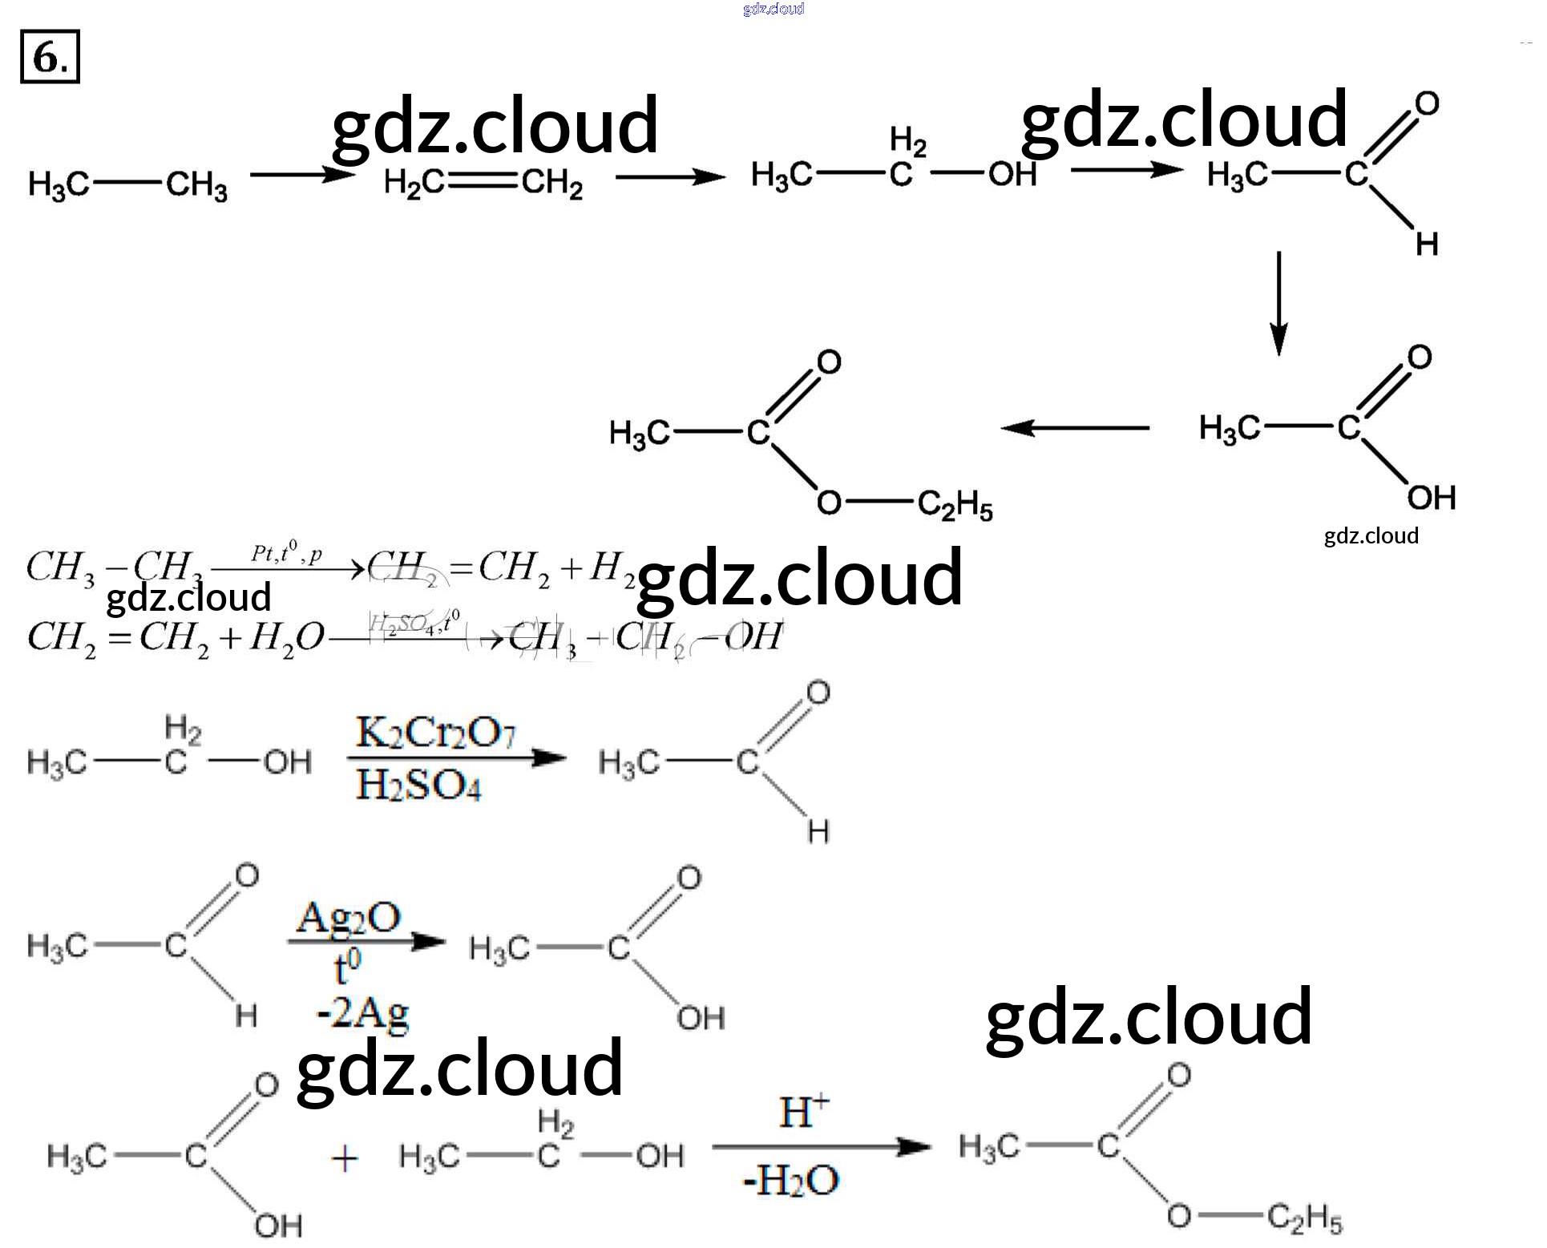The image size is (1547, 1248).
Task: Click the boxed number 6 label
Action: tap(50, 58)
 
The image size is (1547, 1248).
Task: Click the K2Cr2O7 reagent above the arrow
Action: tap(435, 733)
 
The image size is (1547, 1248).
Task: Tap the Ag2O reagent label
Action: tap(349, 918)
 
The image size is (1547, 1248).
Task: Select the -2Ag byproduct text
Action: tap(363, 1014)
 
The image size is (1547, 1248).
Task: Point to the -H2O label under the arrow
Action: tap(791, 1180)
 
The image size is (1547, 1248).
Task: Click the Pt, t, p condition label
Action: tap(286, 552)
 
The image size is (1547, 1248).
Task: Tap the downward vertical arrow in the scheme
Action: tap(1279, 303)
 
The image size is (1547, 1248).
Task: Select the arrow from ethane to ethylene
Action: tap(301, 175)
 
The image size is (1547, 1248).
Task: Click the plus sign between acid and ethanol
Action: tap(345, 1159)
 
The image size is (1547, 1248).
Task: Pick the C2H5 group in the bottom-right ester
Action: tap(1305, 1219)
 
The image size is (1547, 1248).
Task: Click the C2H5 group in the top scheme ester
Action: tap(955, 506)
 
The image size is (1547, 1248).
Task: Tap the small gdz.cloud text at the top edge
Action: tap(773, 9)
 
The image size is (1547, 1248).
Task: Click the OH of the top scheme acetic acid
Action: tap(1431, 498)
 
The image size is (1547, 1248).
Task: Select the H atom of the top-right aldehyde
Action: tap(1427, 244)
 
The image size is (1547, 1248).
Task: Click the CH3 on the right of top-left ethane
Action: tap(197, 185)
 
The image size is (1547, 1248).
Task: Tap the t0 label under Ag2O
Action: tap(346, 967)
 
